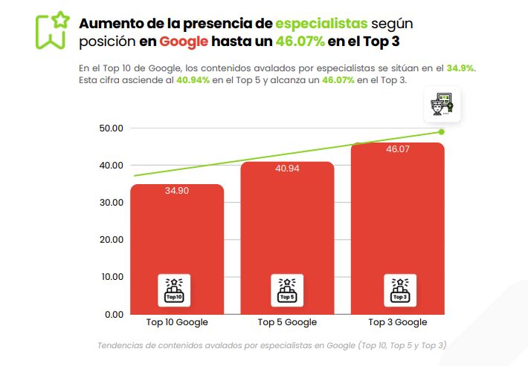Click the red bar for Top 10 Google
point(177,238)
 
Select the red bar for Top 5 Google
point(287,230)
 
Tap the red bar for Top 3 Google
point(397,223)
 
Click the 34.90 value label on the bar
point(177,191)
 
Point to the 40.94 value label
point(287,169)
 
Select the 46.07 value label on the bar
point(398,149)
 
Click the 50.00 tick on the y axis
point(111,128)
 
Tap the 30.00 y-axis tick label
point(111,203)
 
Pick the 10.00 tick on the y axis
point(111,277)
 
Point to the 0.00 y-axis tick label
point(113,314)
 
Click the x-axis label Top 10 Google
point(177,322)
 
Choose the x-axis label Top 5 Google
point(287,322)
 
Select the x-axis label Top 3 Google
point(398,322)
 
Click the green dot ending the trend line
point(441,132)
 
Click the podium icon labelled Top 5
point(287,290)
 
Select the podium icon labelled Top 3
point(399,290)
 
